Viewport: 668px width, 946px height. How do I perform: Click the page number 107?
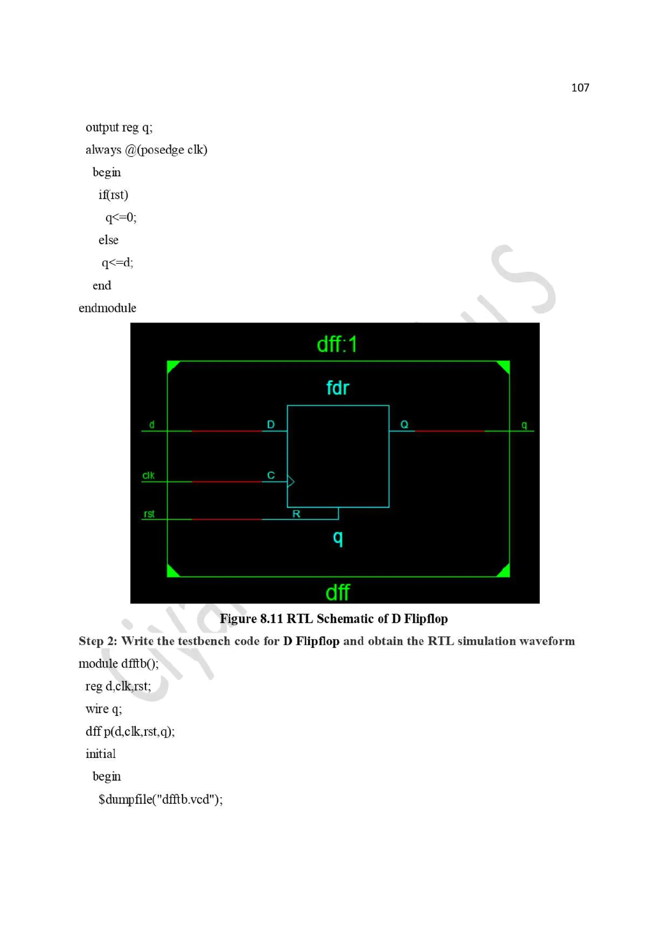click(580, 87)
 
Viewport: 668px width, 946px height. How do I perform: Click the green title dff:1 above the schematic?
click(337, 344)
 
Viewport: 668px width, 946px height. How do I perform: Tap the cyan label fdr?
click(338, 388)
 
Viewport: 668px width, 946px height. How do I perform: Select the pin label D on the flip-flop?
click(270, 424)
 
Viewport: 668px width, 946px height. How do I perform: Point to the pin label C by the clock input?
click(270, 475)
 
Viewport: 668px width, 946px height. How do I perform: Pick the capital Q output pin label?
click(404, 424)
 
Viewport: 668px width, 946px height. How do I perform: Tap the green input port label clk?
click(148, 475)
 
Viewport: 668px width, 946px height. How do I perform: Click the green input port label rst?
click(149, 514)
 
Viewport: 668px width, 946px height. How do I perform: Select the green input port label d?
click(152, 424)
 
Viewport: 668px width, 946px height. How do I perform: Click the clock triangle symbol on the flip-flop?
click(291, 481)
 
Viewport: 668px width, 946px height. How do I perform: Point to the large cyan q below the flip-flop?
click(338, 538)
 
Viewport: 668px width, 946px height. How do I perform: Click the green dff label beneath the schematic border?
click(338, 592)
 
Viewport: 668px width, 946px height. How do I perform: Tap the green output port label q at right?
click(524, 425)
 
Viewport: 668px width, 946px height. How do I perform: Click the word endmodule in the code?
click(107, 308)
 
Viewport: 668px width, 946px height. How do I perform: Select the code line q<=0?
click(121, 217)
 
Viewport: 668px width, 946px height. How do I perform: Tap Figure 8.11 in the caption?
click(251, 619)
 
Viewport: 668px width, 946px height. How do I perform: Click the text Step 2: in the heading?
click(98, 641)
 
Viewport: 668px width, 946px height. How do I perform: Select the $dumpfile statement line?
click(160, 799)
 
